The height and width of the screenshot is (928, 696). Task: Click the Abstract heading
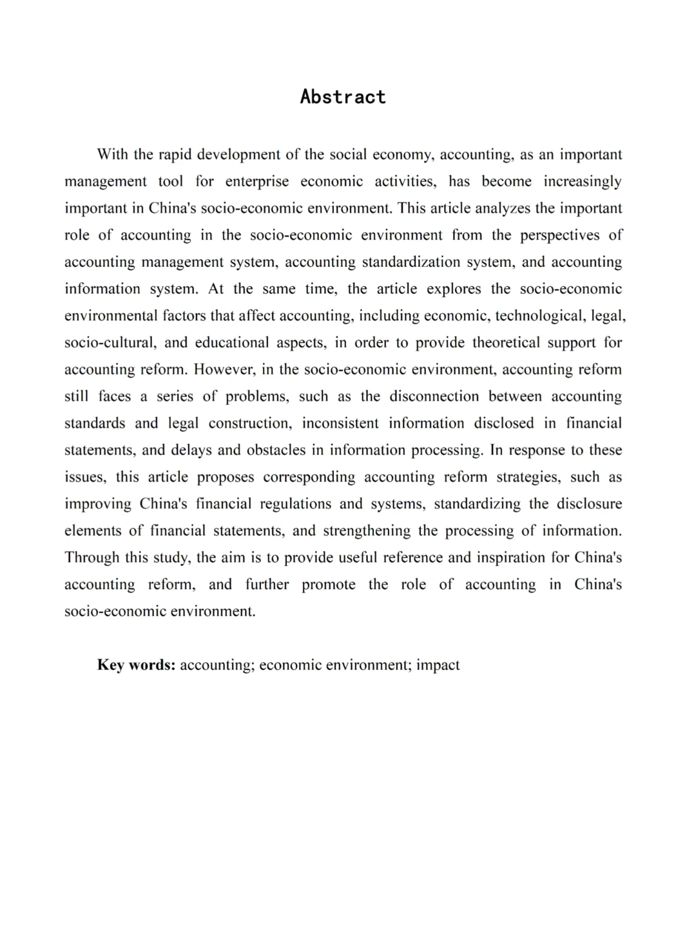coord(343,97)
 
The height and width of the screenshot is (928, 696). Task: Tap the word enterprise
coord(257,182)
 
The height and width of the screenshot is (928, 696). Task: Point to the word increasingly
coord(583,182)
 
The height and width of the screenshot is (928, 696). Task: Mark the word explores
coord(454,289)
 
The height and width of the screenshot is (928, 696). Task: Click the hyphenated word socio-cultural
coord(108,343)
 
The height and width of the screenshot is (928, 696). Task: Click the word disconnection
coord(434,396)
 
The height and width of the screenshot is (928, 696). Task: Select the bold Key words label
coord(136,665)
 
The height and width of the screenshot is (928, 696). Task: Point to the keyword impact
coord(438,665)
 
